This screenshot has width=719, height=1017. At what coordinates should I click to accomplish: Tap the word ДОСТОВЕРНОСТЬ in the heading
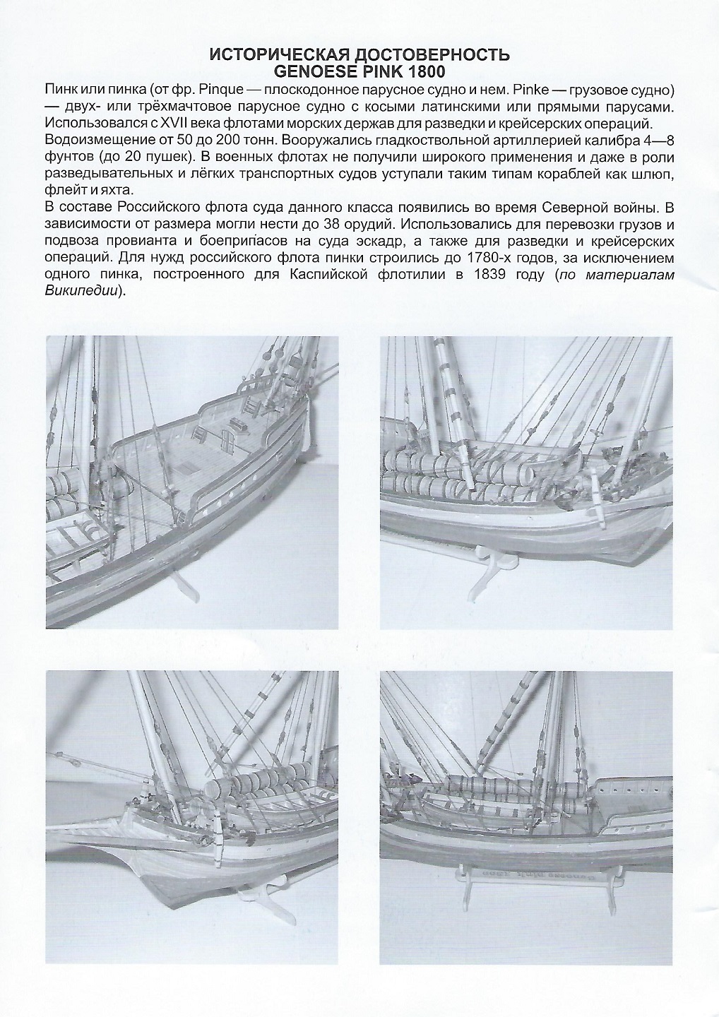pyautogui.click(x=432, y=54)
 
